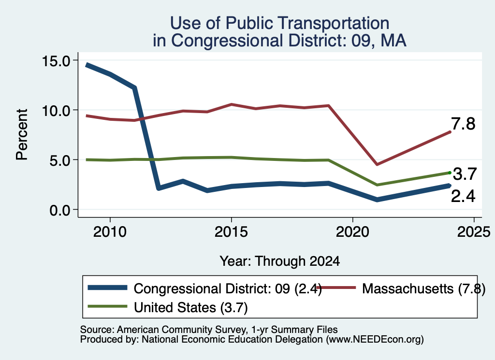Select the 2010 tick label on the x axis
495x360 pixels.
click(110, 232)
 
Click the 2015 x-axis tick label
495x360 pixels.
click(232, 232)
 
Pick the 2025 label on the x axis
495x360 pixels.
click(474, 232)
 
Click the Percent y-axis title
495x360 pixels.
click(22, 135)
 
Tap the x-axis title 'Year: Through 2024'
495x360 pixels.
click(280, 261)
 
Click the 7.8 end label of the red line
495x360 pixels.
click(463, 124)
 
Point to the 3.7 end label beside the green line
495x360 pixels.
click(465, 174)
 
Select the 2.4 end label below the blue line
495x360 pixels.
click(463, 196)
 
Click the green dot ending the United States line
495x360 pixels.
click(450, 173)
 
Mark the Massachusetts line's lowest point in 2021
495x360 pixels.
click(377, 164)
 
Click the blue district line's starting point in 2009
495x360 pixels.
click(87, 65)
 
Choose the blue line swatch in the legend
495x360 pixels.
click(108, 288)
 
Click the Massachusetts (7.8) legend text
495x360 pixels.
click(423, 288)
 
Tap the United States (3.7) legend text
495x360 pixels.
click(190, 308)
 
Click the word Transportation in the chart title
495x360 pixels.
click(307, 23)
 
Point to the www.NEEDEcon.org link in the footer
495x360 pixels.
click(375, 340)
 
